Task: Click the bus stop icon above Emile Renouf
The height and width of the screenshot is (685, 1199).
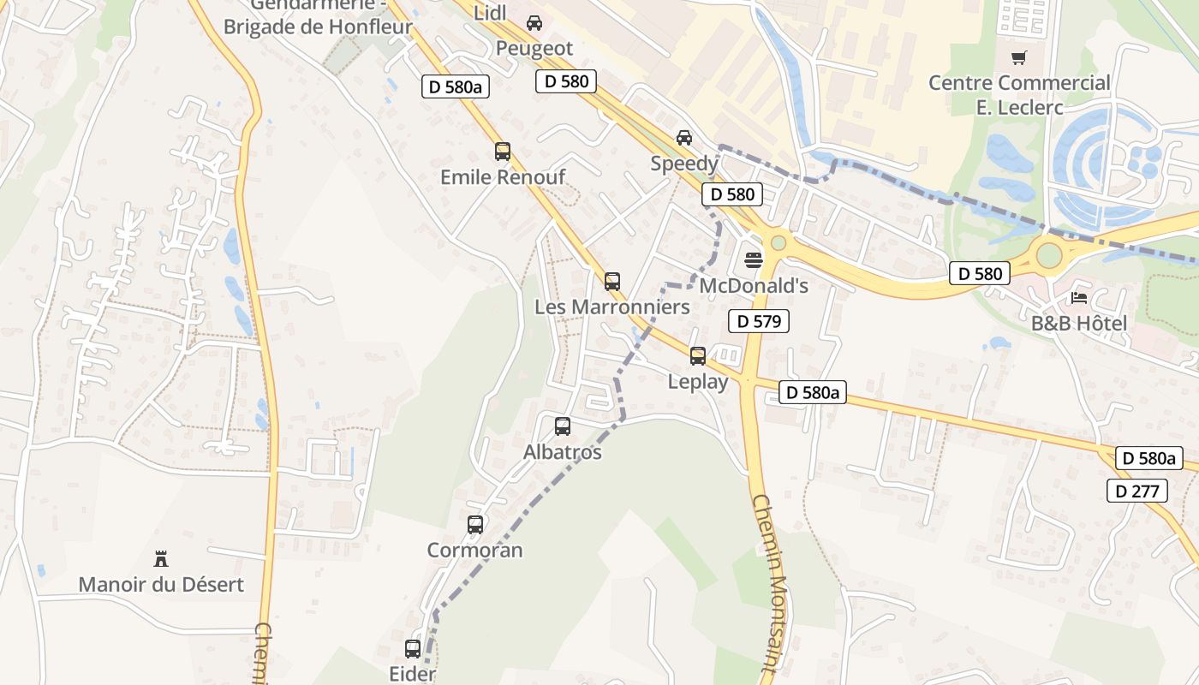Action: [503, 152]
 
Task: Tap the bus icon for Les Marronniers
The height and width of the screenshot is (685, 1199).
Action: [612, 281]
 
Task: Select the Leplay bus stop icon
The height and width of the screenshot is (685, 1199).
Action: [698, 356]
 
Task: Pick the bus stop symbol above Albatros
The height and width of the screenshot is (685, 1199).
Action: [563, 426]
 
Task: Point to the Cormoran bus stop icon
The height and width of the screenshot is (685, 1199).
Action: [475, 525]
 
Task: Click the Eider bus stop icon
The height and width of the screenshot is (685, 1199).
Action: [413, 649]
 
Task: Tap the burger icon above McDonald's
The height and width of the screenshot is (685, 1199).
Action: [754, 260]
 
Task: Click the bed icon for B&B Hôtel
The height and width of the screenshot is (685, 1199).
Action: [1079, 299]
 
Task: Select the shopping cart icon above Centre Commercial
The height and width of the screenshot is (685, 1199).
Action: [1019, 58]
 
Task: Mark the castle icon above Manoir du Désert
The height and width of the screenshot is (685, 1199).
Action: [161, 559]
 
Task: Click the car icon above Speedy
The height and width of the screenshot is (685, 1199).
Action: [684, 138]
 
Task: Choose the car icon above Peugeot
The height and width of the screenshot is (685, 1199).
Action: [534, 23]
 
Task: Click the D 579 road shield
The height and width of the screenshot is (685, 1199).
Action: [758, 321]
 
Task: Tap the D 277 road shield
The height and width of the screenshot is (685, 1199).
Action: [1136, 491]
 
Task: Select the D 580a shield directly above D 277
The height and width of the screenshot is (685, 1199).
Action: [1148, 458]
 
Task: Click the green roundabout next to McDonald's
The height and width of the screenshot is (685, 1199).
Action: [778, 243]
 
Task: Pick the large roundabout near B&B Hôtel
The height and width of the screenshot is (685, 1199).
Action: [1049, 254]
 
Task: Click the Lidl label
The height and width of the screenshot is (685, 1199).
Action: [491, 12]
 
